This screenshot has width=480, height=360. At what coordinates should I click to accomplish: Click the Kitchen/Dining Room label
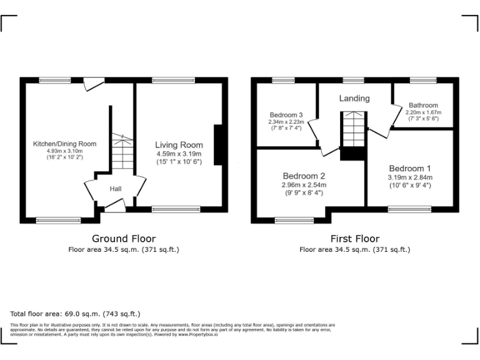64,144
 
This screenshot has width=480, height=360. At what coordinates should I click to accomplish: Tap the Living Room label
179,145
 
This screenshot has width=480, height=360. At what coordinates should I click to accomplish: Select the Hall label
116,189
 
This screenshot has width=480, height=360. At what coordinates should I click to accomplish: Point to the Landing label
354,98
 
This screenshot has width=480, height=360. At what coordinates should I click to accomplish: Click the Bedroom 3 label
286,115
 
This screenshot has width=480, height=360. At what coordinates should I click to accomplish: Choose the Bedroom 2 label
304,176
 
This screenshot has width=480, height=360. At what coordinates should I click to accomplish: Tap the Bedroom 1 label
409,168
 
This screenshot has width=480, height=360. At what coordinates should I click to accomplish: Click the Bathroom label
423,105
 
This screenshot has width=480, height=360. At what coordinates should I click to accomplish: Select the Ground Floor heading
124,238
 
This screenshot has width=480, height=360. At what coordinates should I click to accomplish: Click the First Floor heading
354,238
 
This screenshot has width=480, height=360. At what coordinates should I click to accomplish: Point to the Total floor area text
76,314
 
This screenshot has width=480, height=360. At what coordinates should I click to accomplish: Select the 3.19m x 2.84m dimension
409,177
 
